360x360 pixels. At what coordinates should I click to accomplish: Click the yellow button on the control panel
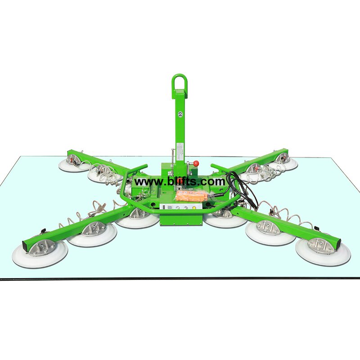(x=194, y=207)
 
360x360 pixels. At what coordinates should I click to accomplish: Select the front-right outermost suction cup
(x=323, y=252)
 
